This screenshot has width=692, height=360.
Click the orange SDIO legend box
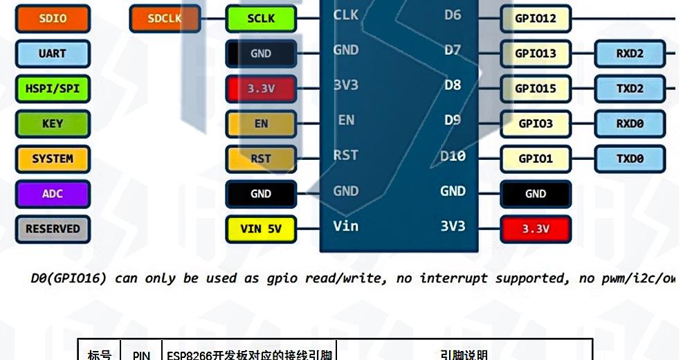click(x=53, y=19)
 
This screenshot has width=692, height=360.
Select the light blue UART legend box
click(x=53, y=53)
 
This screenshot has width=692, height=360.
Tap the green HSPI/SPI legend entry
click(x=53, y=89)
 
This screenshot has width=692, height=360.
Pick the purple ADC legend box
click(x=53, y=194)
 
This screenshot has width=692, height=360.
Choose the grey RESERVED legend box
click(x=53, y=228)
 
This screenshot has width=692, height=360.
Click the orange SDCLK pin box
click(x=165, y=19)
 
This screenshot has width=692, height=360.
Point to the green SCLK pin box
click(x=261, y=19)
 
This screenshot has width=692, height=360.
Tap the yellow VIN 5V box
click(x=261, y=229)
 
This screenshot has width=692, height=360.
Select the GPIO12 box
click(x=536, y=19)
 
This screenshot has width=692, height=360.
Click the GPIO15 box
click(x=536, y=89)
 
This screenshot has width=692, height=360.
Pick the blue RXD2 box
click(x=630, y=53)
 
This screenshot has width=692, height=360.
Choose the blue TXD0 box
click(x=630, y=159)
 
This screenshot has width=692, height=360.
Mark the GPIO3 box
click(x=536, y=124)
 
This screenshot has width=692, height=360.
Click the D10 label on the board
click(x=453, y=156)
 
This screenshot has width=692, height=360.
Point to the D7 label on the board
click(x=453, y=50)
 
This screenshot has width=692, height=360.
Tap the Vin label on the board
click(x=345, y=226)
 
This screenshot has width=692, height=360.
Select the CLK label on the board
click(x=345, y=15)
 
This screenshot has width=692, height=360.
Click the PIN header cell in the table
click(x=141, y=354)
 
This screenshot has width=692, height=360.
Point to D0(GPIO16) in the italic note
click(x=69, y=278)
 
